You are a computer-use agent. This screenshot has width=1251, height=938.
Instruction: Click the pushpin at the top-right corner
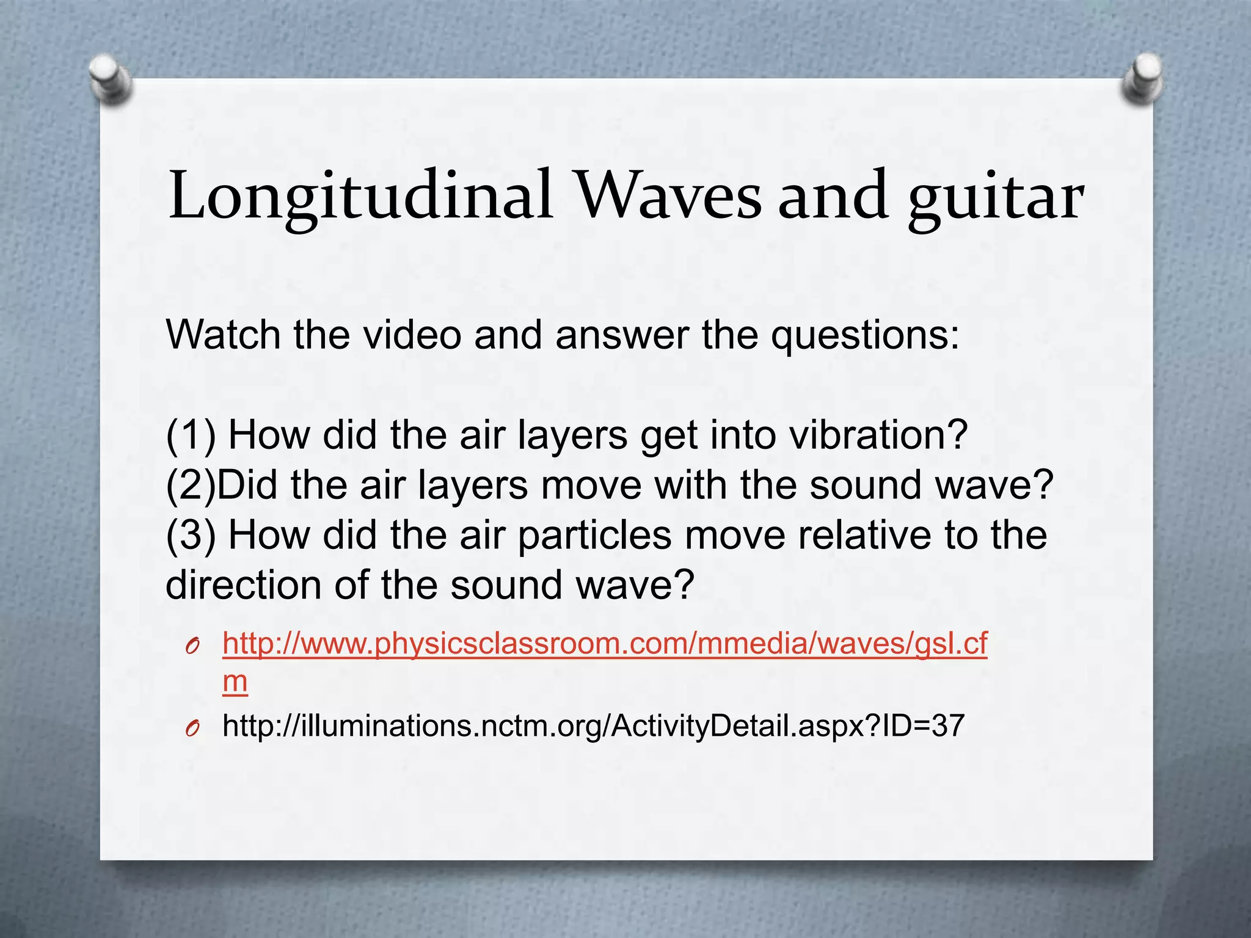1142,79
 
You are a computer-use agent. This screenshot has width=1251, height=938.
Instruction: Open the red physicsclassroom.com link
605,644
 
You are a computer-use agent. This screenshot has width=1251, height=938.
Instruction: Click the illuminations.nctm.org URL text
593,726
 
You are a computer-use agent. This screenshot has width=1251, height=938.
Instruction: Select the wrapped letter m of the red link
235,682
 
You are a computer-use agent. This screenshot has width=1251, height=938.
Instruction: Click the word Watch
224,335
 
